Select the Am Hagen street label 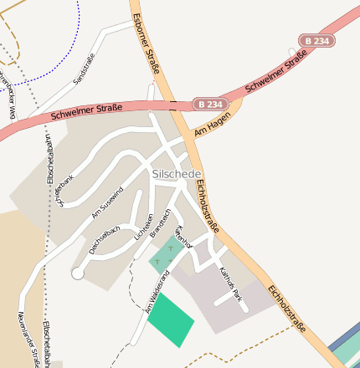pyautogui.click(x=211, y=126)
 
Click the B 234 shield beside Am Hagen pyautogui.click(x=210, y=104)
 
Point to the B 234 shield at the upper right pyautogui.click(x=316, y=41)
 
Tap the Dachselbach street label pyautogui.click(x=105, y=239)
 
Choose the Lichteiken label pyautogui.click(x=143, y=227)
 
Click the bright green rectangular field pyautogui.click(x=171, y=319)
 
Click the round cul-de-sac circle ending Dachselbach pyautogui.click(x=78, y=273)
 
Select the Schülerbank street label pyautogui.click(x=65, y=191)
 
